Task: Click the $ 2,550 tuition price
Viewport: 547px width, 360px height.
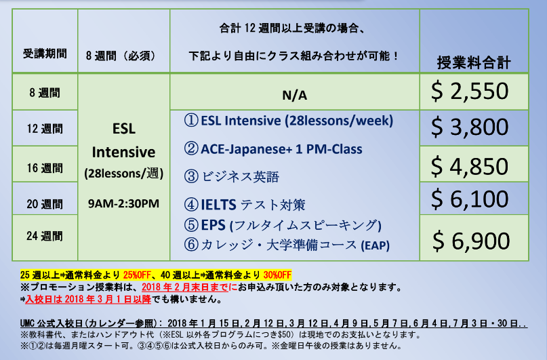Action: point(470,92)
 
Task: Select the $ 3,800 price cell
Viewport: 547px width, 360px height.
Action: point(470,127)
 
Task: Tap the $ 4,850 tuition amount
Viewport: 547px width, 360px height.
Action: point(470,166)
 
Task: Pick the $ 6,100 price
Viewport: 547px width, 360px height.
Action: point(470,199)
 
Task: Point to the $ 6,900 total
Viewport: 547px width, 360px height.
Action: point(471,241)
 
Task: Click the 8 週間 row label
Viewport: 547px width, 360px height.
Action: point(45,93)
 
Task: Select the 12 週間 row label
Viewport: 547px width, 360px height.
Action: point(45,129)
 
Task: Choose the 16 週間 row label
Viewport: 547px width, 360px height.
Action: point(45,168)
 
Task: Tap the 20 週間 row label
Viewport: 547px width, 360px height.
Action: point(45,204)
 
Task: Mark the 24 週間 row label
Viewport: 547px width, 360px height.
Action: point(45,236)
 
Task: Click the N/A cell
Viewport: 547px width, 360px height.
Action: point(295,95)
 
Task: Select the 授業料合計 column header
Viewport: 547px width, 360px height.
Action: point(474,63)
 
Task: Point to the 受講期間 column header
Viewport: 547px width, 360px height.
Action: point(45,54)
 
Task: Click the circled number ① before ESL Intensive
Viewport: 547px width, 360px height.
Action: point(191,121)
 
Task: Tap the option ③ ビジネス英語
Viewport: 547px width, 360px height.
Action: point(232,176)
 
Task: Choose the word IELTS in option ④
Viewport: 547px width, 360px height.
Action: point(218,205)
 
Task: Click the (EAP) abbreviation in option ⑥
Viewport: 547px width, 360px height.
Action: point(375,245)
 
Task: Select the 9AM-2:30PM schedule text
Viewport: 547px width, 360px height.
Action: point(123,203)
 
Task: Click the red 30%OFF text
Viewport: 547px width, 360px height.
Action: point(277,275)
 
